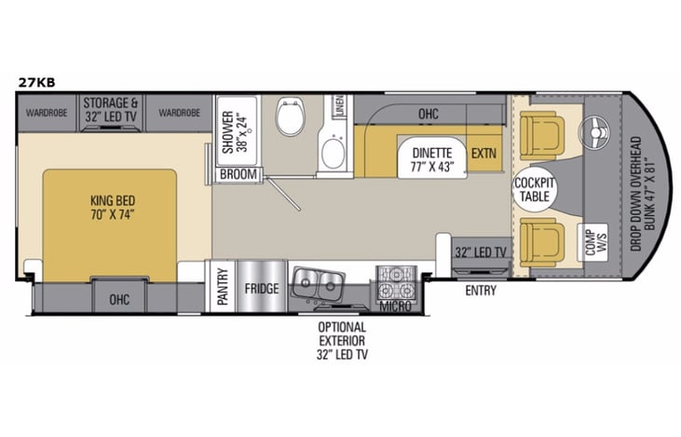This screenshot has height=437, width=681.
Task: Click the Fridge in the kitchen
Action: [261, 289]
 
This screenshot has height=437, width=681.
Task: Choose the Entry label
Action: [481, 291]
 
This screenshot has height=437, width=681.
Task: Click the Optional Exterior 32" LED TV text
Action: [342, 340]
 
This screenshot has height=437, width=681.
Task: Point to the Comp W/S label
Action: [590, 239]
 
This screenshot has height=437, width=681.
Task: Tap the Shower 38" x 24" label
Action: [236, 131]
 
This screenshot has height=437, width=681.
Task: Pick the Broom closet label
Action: [238, 174]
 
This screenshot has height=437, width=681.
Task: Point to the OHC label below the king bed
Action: [119, 299]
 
